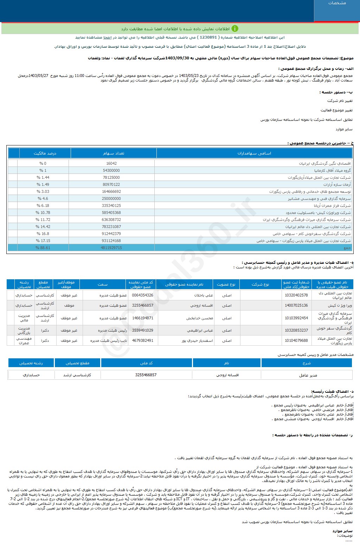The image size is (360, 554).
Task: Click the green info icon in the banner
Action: pyautogui.click(x=234, y=29)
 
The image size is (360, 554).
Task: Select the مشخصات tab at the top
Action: pyautogui.click(x=337, y=3)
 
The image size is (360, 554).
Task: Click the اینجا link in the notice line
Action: pyautogui.click(x=107, y=37)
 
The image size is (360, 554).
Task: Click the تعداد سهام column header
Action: pyautogui.click(x=114, y=153)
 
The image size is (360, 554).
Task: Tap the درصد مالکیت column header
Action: pyautogui.click(x=45, y=153)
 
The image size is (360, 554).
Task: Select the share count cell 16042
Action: pyautogui.click(x=111, y=163)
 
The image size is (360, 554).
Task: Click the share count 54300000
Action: pyautogui.click(x=111, y=170)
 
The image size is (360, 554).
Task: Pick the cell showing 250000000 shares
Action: pyautogui.click(x=111, y=198)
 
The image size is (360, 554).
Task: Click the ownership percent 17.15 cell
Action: pyautogui.click(x=43, y=241)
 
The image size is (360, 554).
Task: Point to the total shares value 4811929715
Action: pyautogui.click(x=111, y=248)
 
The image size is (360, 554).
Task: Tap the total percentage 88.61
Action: pyautogui.click(x=43, y=248)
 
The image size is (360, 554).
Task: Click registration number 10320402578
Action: pyautogui.click(x=296, y=295)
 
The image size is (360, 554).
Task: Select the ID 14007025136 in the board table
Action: pyautogui.click(x=296, y=305)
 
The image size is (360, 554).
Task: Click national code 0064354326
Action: pyautogui.click(x=142, y=295)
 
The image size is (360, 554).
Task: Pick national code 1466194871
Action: pyautogui.click(x=142, y=318)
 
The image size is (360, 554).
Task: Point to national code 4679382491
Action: pyautogui.click(x=142, y=340)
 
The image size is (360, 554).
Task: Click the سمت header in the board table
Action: pyautogui.click(x=103, y=284)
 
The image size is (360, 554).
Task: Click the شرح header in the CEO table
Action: pyautogui.click(x=307, y=363)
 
